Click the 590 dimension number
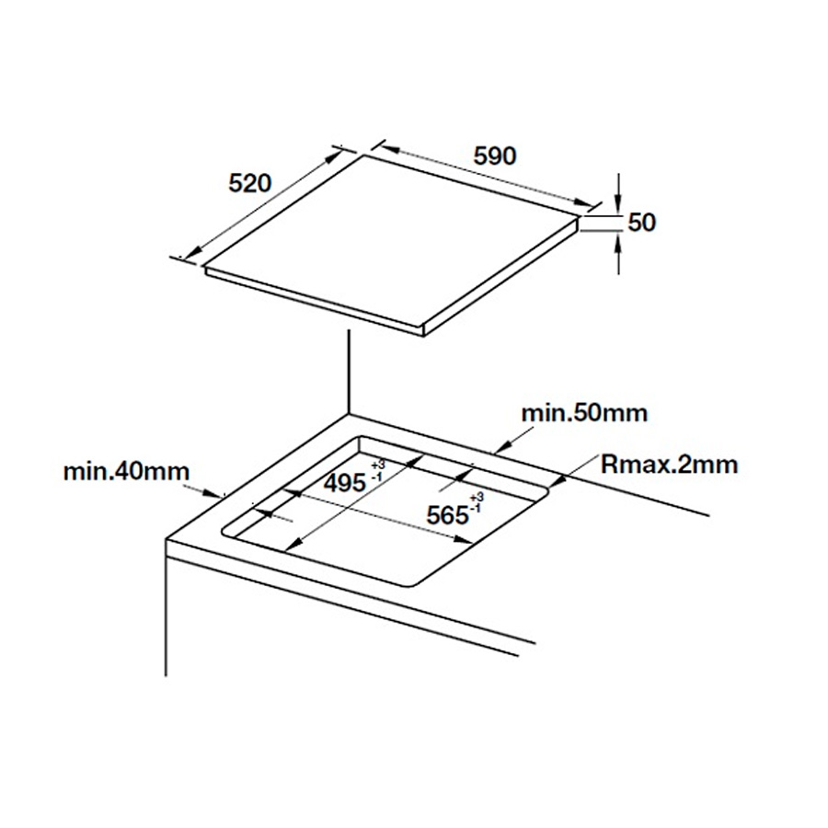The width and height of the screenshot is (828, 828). coord(495,155)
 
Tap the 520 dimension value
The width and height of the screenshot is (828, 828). coord(249,183)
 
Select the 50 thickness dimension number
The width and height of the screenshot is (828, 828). coord(641,223)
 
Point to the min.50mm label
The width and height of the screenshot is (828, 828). coord(584,413)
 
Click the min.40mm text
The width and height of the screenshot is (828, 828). coord(126,472)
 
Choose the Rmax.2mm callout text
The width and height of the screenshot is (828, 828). coord(669,465)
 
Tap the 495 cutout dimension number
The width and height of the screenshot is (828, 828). coord(345,483)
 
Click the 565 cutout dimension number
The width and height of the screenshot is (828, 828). coord(448,515)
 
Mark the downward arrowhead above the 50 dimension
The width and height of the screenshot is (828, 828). coord(619,207)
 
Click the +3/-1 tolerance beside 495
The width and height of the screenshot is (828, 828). coord(377,471)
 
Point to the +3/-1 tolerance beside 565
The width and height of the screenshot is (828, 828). coord(476,502)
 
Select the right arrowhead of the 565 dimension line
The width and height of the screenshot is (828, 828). coord(464,539)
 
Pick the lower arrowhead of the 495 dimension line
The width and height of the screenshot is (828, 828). coord(293,543)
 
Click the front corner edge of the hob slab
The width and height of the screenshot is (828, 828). coord(424,330)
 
